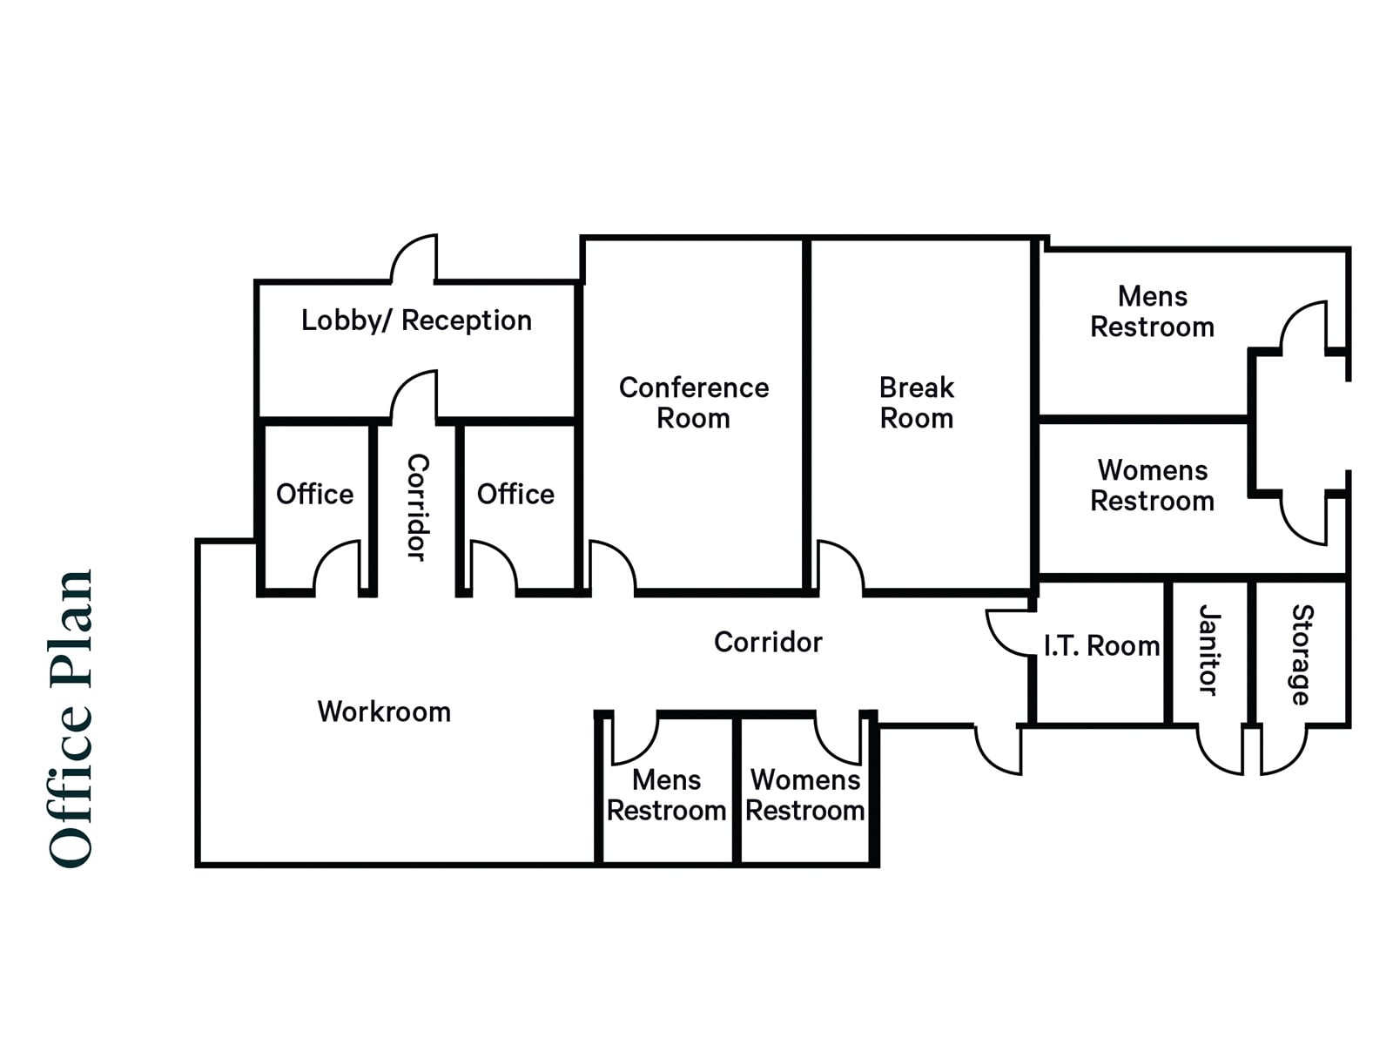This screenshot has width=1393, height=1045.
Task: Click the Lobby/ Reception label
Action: (x=416, y=320)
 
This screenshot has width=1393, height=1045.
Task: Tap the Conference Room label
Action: (x=693, y=402)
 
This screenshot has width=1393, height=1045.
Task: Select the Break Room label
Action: (x=916, y=402)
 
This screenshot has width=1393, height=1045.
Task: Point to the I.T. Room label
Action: (x=1101, y=646)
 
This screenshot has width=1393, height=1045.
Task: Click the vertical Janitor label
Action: (x=1208, y=650)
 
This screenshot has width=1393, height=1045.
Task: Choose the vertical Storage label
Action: (x=1301, y=654)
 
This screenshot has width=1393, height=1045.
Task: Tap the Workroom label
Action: (x=384, y=711)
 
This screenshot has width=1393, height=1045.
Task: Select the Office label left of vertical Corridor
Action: (x=314, y=494)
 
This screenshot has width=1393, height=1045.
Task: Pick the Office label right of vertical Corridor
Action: (x=515, y=494)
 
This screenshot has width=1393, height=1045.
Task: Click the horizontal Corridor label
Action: (x=768, y=642)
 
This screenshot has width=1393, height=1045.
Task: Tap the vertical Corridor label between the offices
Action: (x=417, y=507)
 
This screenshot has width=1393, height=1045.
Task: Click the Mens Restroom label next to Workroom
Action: (x=666, y=794)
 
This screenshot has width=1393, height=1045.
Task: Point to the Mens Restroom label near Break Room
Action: (x=1152, y=311)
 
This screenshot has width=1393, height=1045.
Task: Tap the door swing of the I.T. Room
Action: (x=1008, y=631)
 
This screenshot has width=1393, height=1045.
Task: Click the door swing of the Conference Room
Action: (x=612, y=566)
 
